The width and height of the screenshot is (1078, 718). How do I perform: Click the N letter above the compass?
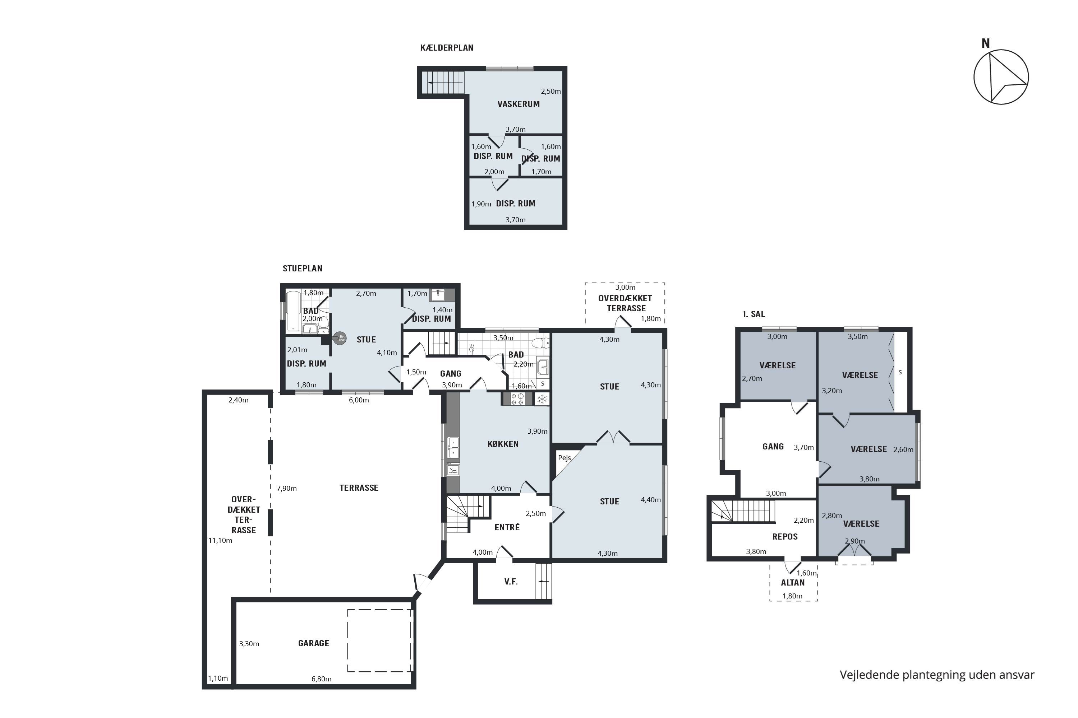(985, 43)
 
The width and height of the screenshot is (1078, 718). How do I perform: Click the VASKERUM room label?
(519, 104)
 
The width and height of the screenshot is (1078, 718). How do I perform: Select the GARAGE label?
(313, 643)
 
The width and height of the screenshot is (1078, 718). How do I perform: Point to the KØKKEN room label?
(503, 444)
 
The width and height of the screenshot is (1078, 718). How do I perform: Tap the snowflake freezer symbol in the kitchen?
(542, 399)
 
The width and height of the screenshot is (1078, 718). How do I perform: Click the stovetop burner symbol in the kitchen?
(518, 399)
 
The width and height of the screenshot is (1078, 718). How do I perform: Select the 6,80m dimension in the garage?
(321, 679)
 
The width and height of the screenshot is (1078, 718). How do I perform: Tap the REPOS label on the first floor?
(785, 537)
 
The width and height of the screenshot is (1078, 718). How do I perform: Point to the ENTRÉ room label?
(507, 527)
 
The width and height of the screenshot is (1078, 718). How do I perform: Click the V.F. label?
(511, 582)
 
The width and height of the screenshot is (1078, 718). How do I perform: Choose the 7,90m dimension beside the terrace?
(286, 488)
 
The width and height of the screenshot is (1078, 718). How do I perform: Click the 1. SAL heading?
(754, 314)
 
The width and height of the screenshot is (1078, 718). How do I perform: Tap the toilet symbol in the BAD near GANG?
(543, 343)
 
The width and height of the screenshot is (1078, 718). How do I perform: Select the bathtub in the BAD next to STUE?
(293, 311)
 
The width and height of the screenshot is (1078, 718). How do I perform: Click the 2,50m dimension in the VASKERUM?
(550, 91)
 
